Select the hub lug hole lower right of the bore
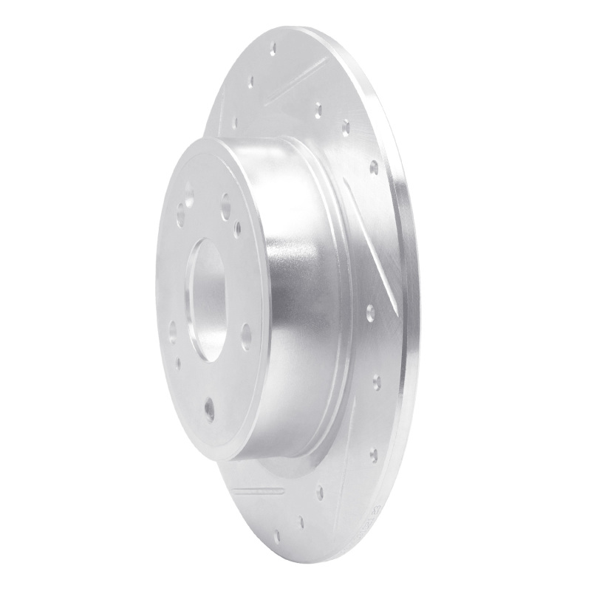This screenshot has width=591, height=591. (x=246, y=336)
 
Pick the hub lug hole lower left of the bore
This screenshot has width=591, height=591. (x=173, y=331)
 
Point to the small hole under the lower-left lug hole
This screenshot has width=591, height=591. (x=178, y=363)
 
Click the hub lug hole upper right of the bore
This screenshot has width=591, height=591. (x=225, y=206)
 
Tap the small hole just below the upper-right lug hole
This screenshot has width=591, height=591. (x=238, y=230)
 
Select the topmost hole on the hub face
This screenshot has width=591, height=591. (x=189, y=195)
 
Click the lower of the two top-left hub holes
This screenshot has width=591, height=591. (x=180, y=216)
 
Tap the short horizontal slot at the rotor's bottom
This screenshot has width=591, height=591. (x=258, y=490)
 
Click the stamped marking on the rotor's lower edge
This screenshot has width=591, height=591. (x=376, y=514)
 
